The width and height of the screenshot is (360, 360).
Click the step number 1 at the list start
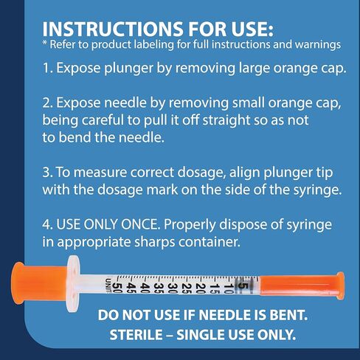click(47, 71)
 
